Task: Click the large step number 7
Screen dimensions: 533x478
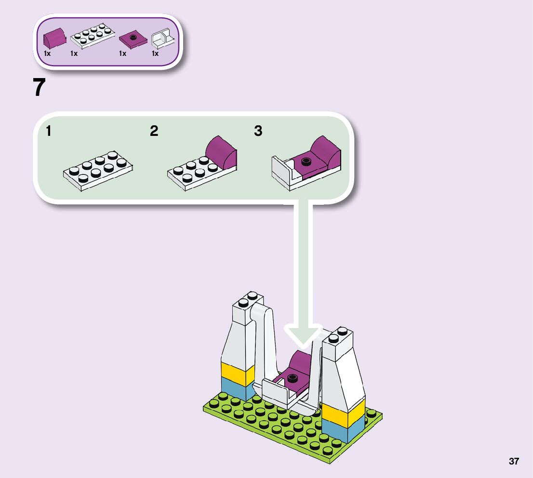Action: [40, 88]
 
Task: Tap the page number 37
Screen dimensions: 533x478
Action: [514, 461]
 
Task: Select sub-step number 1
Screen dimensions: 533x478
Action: [49, 131]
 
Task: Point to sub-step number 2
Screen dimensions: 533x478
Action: [154, 131]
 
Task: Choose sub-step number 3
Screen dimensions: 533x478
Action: [258, 131]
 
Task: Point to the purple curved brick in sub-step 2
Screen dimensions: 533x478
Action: [222, 151]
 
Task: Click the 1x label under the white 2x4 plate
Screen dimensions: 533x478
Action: [74, 54]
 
